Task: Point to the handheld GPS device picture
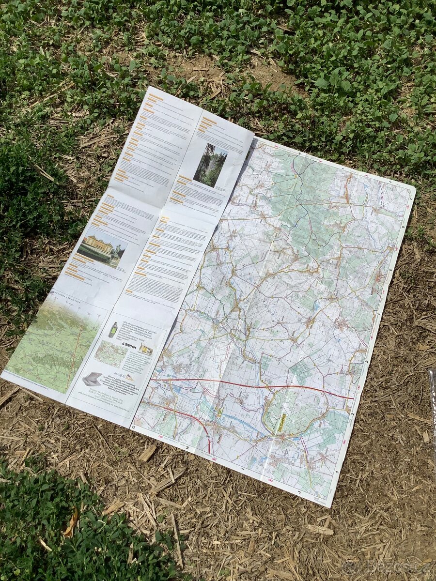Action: (112, 329)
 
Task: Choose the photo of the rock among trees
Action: (210, 165)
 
